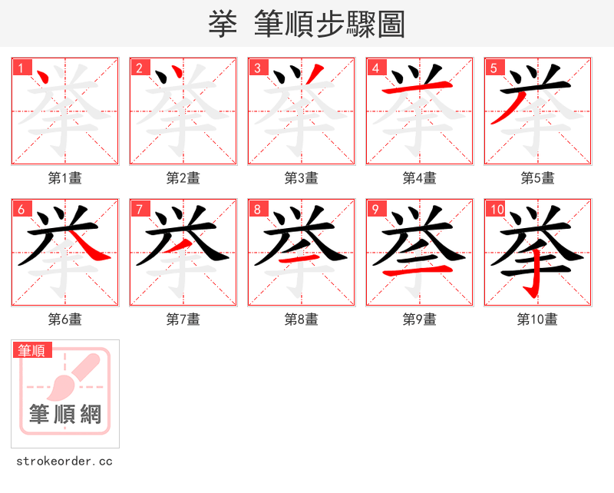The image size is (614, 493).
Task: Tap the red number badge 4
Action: click(375, 68)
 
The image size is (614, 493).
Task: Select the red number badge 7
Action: click(139, 209)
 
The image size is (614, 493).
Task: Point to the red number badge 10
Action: click(495, 209)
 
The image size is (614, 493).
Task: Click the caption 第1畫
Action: click(65, 178)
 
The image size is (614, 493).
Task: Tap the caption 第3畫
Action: click(302, 178)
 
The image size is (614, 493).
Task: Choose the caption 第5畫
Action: click(537, 178)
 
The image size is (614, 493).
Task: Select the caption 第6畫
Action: click(65, 319)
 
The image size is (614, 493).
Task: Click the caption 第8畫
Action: click(302, 319)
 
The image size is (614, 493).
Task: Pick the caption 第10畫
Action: click(537, 319)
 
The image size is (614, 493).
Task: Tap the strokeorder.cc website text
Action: click(64, 462)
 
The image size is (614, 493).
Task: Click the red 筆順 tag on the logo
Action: click(33, 350)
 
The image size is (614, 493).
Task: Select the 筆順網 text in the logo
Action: click(65, 415)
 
